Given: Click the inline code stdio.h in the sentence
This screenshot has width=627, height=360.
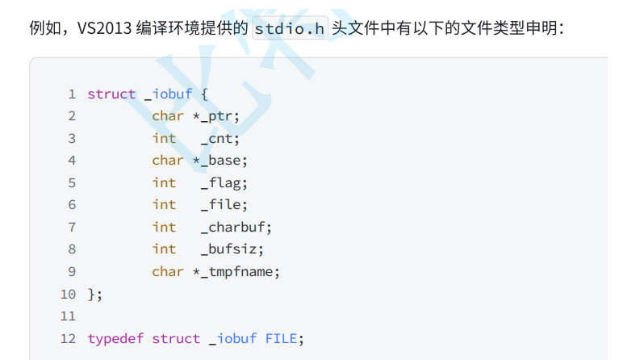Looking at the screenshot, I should [x=291, y=28].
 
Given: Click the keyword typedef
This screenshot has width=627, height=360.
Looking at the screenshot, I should [x=115, y=338].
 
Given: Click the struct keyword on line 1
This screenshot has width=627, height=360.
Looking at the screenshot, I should [x=111, y=94].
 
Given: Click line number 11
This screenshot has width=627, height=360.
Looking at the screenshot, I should [x=68, y=316].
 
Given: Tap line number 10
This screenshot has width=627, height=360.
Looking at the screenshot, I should [x=68, y=294].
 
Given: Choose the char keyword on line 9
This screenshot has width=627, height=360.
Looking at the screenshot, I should [x=168, y=272].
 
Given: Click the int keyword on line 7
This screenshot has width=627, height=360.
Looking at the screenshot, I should [x=164, y=228].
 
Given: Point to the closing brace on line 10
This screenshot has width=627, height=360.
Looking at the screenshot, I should [x=92, y=294].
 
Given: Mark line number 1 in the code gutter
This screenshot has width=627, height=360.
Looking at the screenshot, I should [x=72, y=94].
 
